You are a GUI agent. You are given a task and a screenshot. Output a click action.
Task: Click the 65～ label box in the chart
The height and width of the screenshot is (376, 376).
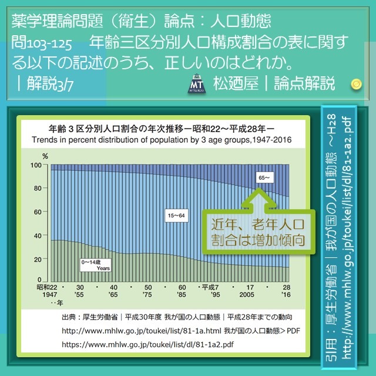pyautogui.click(x=263, y=176)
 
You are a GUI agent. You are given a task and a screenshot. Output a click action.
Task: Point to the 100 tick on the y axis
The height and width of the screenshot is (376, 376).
pyautogui.click(x=38, y=166)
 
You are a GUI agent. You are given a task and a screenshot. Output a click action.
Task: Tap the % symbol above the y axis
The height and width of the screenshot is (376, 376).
pyautogui.click(x=45, y=156)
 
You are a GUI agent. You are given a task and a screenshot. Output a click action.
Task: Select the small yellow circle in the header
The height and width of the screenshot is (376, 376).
pyautogui.click(x=355, y=84)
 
